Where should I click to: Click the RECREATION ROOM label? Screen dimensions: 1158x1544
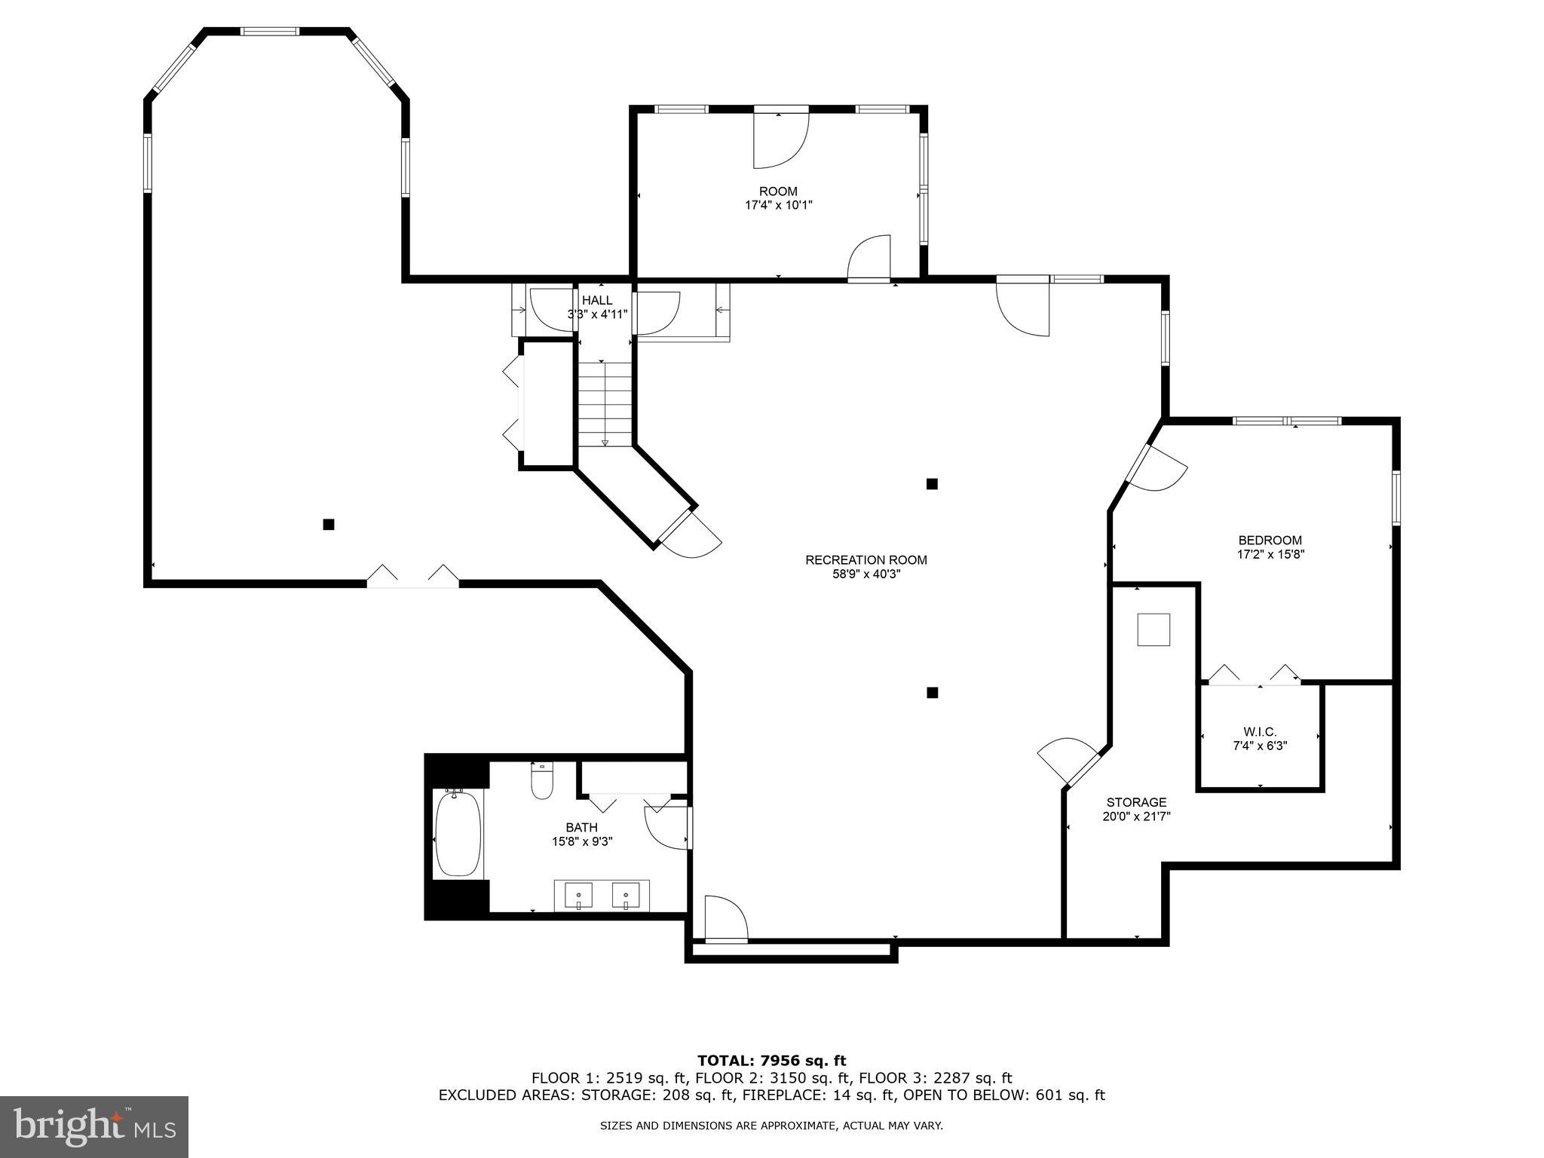pos(865,560)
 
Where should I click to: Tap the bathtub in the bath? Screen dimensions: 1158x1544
pos(458,833)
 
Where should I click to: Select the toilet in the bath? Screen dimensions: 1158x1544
pos(542,783)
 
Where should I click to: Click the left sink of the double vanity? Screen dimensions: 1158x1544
pos(578,896)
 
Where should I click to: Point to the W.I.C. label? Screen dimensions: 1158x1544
pos(1260,732)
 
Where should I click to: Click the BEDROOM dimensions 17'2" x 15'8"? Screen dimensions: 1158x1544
pos(1270,554)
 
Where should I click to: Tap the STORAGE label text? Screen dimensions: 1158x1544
pos(1136,802)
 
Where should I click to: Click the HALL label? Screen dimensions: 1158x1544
pos(597,300)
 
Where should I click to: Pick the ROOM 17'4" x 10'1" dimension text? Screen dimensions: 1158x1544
pos(778,205)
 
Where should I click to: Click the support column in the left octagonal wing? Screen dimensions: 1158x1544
pos(329,525)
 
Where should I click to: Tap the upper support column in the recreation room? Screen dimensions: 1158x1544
pos(932,484)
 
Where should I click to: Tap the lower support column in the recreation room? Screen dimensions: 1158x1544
pos(932,693)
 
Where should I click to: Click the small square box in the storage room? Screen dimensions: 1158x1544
pos(1153,630)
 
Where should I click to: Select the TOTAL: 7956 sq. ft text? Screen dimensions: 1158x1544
pos(771,1061)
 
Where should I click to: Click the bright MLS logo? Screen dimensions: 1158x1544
pos(94,1126)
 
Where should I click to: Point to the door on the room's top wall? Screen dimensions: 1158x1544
pos(781,137)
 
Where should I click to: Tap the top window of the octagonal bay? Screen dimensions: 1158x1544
pos(269,32)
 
